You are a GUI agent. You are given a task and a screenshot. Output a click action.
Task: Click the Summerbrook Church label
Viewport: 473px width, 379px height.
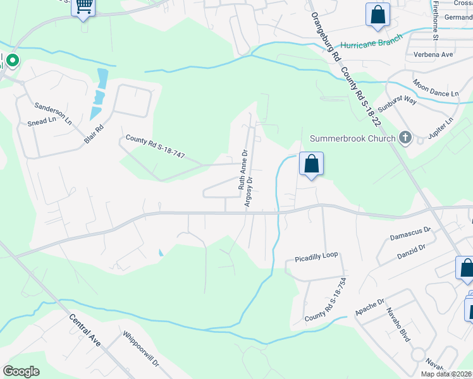(352, 138)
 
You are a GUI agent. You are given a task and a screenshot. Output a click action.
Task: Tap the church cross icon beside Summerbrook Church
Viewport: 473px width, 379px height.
(405, 138)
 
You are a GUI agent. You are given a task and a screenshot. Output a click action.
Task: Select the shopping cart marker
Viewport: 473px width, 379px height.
(83, 7)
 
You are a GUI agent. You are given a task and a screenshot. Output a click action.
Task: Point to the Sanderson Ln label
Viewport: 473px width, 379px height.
(53, 111)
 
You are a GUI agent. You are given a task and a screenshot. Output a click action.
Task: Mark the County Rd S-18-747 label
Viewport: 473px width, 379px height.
(155, 147)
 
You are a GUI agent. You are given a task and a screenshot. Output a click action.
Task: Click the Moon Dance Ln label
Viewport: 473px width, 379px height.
(436, 88)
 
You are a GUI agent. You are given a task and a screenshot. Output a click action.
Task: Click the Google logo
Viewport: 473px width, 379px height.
(21, 371)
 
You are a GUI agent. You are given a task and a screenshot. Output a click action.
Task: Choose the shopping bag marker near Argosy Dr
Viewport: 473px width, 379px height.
(311, 164)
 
